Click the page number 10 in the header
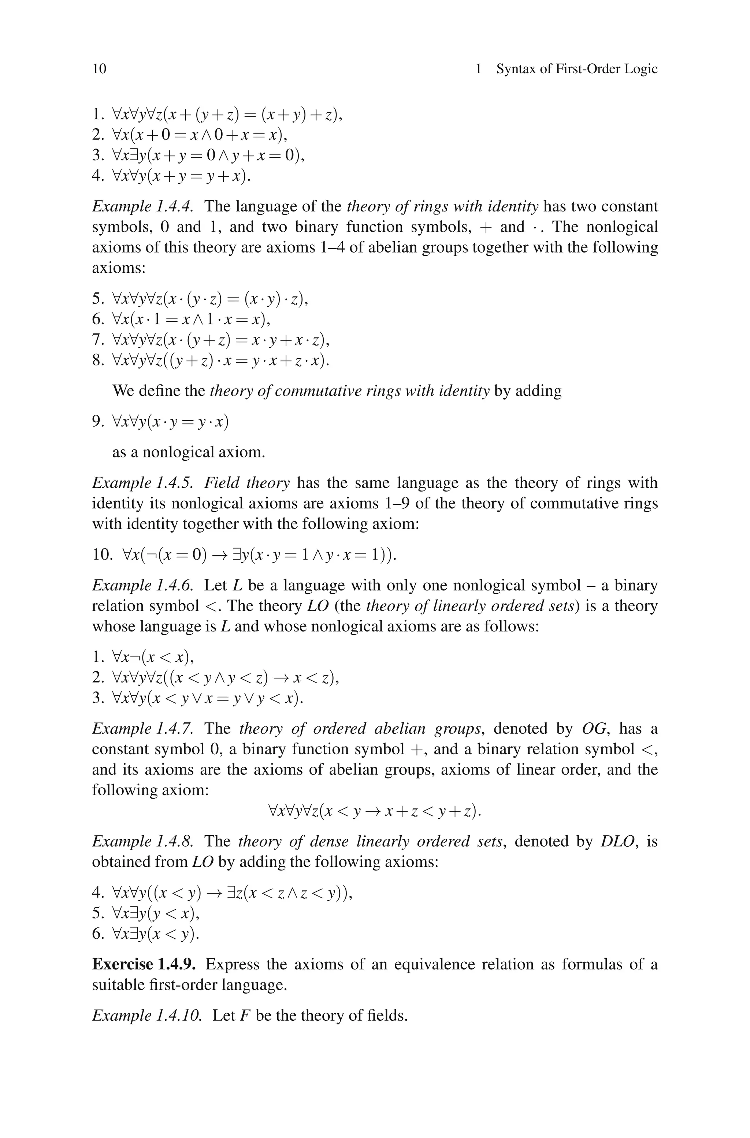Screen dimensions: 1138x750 pos(100,69)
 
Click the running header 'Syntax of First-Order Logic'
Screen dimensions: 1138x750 pos(576,69)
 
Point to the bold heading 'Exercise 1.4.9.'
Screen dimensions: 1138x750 pos(144,964)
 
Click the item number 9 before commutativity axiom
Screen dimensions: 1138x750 pos(97,421)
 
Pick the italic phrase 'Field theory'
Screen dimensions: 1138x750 pos(247,483)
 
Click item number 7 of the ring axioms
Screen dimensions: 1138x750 pos(97,340)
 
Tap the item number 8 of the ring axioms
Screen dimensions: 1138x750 pos(97,360)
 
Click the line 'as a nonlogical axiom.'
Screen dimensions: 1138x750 pos(189,452)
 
